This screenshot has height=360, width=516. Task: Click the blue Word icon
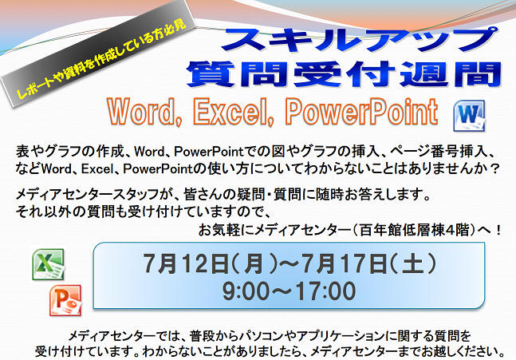[x=469, y=116]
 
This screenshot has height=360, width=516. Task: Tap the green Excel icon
[x=49, y=264]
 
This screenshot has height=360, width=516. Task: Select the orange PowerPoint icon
[x=65, y=300]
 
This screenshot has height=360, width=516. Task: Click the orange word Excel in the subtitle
[x=234, y=111]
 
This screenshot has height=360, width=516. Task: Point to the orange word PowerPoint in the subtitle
[x=361, y=111]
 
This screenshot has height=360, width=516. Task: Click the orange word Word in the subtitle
[x=145, y=111]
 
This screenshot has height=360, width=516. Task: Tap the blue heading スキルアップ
[x=360, y=40]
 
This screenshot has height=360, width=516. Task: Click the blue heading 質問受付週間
[x=344, y=74]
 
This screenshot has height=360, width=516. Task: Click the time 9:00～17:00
[x=289, y=291]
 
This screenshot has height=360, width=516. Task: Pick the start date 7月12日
[x=185, y=263]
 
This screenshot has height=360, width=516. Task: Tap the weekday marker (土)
[x=413, y=263]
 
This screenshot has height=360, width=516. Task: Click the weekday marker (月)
[x=254, y=263]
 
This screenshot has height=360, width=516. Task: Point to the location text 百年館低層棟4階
[x=414, y=230]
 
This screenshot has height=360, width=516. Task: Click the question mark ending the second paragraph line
[x=493, y=169]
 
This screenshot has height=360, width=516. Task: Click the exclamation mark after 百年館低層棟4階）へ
[x=498, y=230]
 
